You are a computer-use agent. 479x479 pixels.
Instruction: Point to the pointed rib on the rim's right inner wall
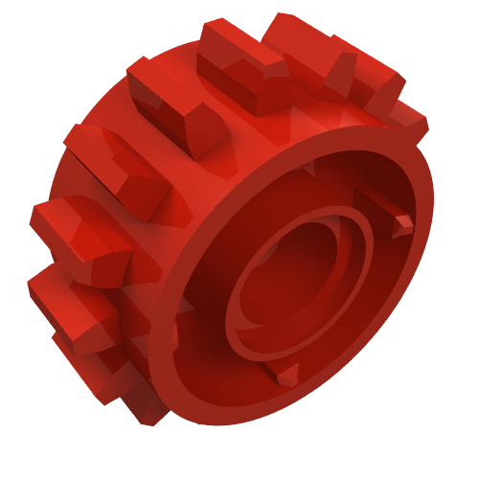[x=400, y=224]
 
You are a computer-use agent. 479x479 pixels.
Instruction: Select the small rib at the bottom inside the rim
[x=285, y=375]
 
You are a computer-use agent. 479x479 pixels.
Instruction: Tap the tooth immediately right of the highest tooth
[x=378, y=77]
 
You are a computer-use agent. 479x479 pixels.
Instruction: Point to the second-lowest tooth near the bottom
[x=96, y=354]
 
